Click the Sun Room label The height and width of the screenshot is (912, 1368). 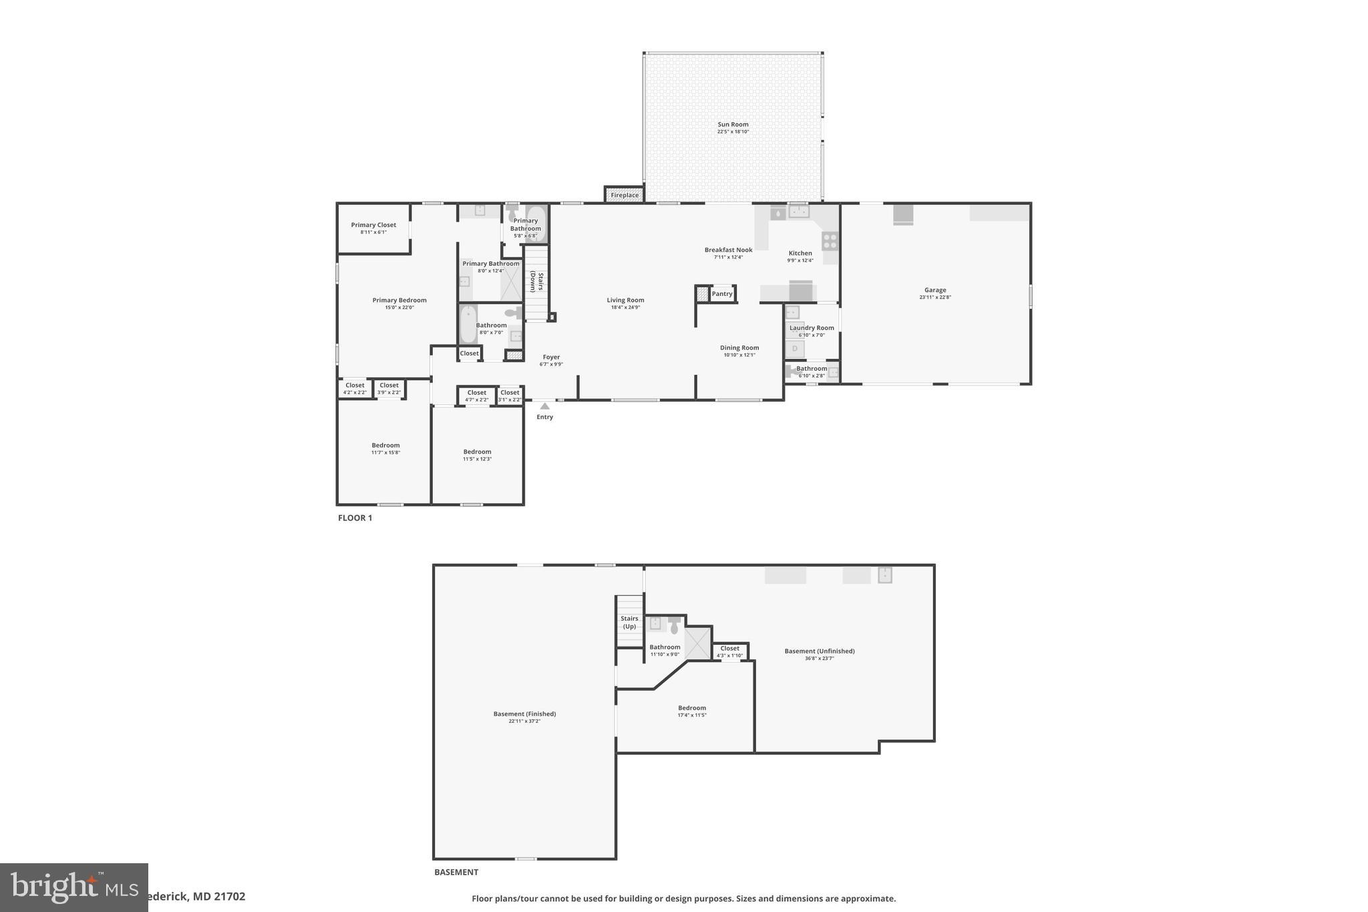click(x=733, y=124)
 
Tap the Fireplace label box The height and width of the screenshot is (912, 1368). click(x=625, y=195)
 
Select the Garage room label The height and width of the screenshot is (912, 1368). click(x=935, y=290)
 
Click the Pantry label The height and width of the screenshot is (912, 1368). click(x=722, y=293)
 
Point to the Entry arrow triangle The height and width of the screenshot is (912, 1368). click(x=545, y=406)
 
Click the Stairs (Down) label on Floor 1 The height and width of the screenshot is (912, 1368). click(x=536, y=282)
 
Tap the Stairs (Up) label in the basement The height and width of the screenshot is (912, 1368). click(x=629, y=622)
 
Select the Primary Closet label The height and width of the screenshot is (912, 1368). click(x=373, y=225)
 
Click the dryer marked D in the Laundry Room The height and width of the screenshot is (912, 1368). click(x=795, y=348)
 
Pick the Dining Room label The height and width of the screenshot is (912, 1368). click(x=739, y=347)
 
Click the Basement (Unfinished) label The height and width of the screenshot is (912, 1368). click(x=819, y=651)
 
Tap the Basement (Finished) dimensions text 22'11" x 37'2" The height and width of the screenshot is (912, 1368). click(x=524, y=721)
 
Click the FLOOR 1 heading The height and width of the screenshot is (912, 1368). click(x=355, y=518)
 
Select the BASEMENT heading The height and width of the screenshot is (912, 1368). click(x=456, y=872)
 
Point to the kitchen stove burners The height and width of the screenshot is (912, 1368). click(x=830, y=241)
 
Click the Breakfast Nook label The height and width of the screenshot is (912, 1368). click(x=728, y=250)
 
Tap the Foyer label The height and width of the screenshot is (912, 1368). click(x=551, y=357)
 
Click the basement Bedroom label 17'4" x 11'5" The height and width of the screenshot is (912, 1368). click(x=692, y=708)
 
